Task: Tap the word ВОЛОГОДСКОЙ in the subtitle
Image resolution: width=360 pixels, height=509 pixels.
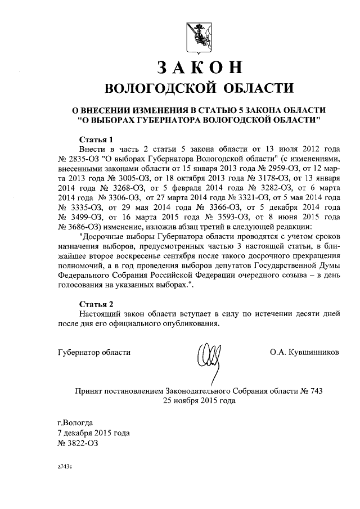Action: click(x=154, y=88)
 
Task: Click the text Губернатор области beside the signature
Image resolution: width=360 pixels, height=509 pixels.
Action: click(x=94, y=352)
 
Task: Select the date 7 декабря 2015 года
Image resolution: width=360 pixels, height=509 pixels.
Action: click(x=93, y=433)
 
